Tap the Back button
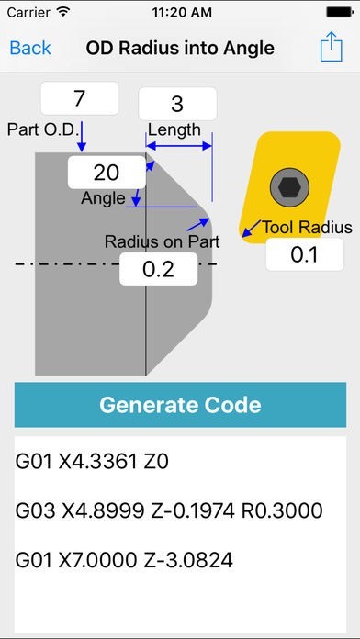point(30,48)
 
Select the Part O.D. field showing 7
point(80,98)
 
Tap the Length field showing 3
point(177,104)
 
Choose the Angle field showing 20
point(107,172)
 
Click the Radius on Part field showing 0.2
point(159,269)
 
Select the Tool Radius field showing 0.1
point(304,254)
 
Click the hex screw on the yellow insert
point(288,187)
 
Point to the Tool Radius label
point(307,228)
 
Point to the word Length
point(174,129)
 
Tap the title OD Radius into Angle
point(180,48)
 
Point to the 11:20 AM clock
point(180,14)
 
